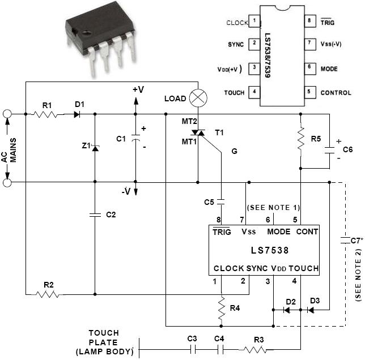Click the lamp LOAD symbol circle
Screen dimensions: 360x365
point(198,97)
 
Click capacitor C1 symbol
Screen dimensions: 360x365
point(135,138)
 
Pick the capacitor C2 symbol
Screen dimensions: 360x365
point(94,215)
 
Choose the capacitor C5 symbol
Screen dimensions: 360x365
point(221,201)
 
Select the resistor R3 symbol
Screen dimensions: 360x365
point(258,350)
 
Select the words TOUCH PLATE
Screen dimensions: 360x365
point(103,338)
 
